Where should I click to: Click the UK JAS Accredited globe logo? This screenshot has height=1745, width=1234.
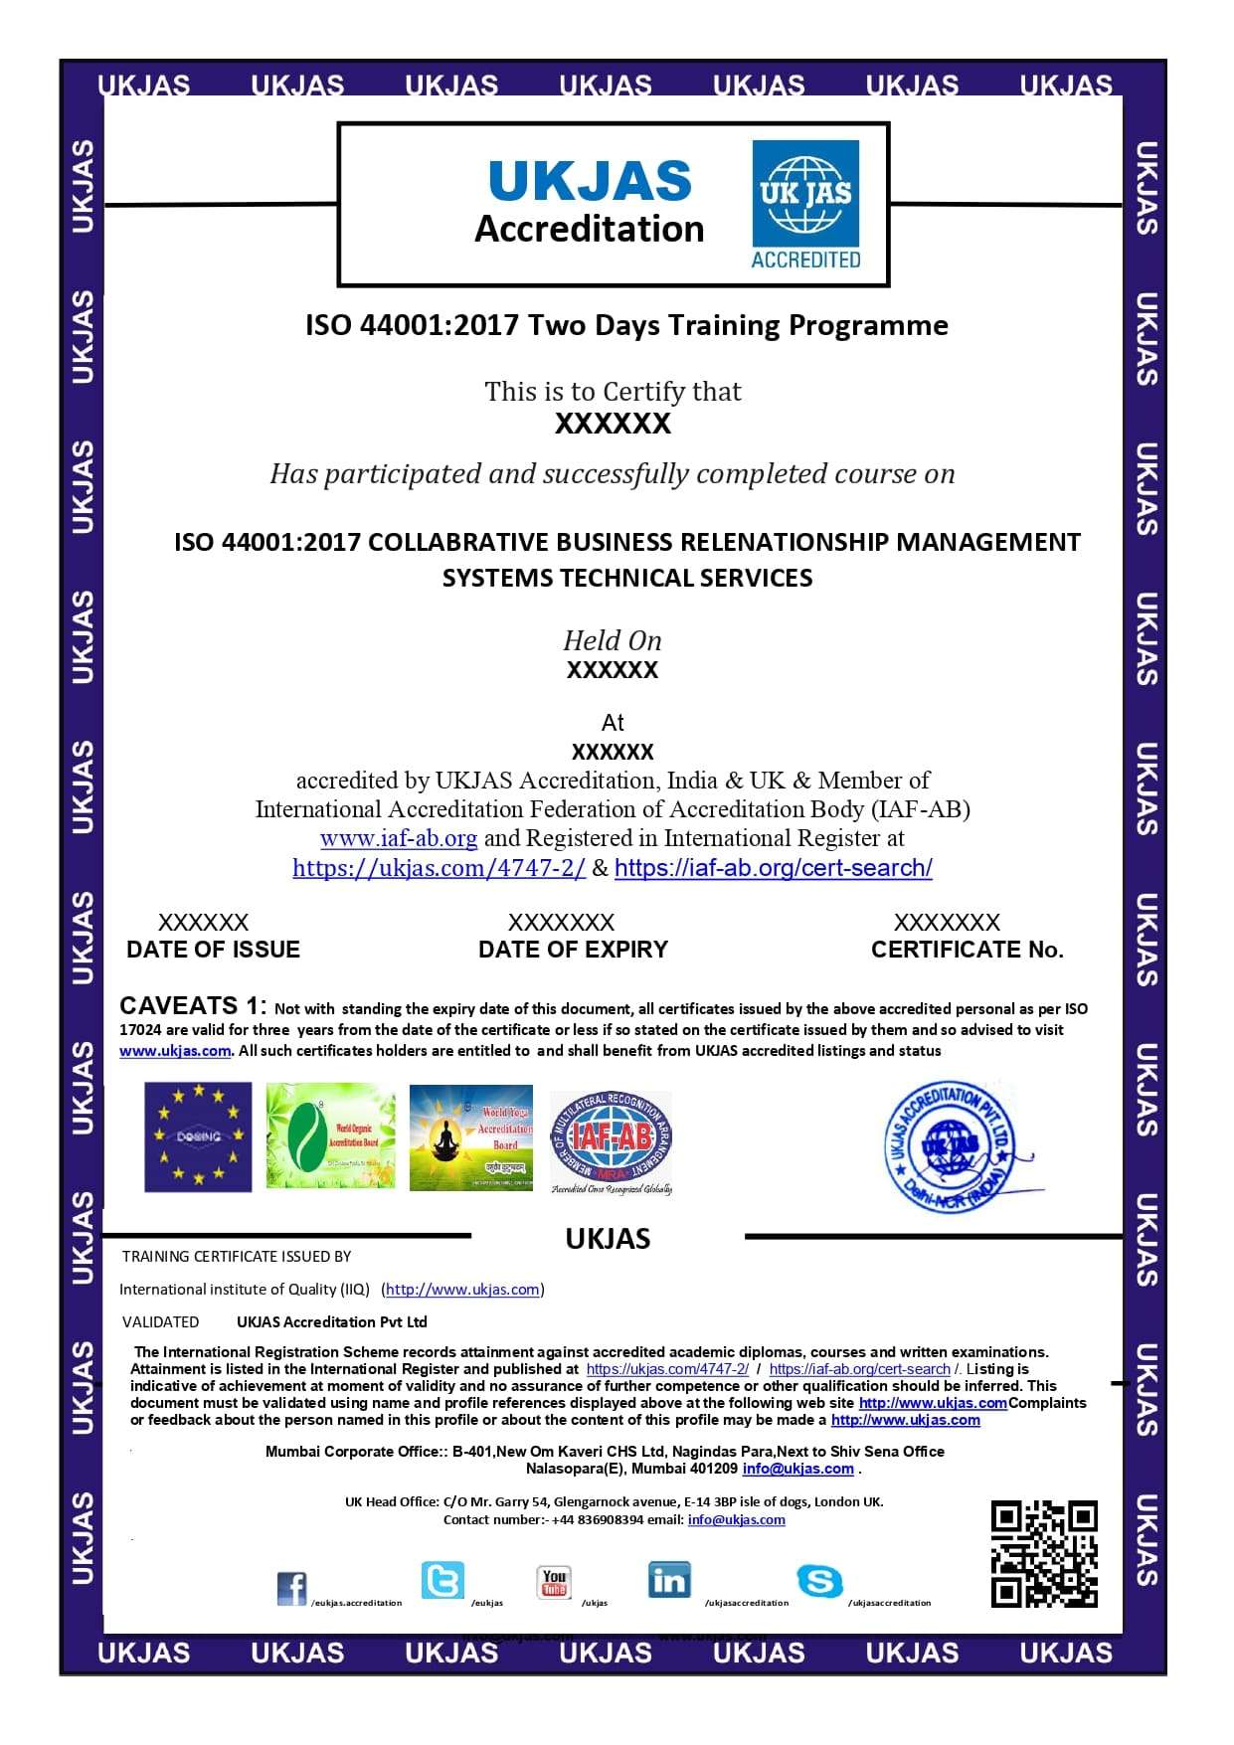click(x=805, y=204)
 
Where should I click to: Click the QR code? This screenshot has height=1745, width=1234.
click(x=1043, y=1553)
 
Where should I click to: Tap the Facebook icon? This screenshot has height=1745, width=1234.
click(x=291, y=1588)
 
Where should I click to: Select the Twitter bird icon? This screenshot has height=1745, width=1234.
click(x=441, y=1580)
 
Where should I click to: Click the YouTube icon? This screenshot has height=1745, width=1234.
click(x=554, y=1581)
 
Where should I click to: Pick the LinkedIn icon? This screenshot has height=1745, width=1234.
click(x=668, y=1579)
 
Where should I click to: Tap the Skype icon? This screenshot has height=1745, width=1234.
click(x=819, y=1581)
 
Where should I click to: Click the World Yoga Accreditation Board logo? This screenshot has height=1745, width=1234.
click(x=471, y=1137)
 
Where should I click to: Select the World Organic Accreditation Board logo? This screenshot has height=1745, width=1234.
click(x=330, y=1137)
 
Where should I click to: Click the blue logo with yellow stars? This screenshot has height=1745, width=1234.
click(x=198, y=1136)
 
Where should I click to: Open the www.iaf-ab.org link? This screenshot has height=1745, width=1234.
click(x=399, y=838)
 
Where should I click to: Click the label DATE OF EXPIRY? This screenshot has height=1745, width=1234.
click(x=573, y=950)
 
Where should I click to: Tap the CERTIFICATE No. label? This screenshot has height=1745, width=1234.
click(x=967, y=950)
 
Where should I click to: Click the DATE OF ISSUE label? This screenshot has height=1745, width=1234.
click(x=213, y=950)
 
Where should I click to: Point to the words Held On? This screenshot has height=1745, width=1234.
click(x=613, y=640)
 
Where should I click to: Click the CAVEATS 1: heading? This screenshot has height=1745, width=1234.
click(x=193, y=1005)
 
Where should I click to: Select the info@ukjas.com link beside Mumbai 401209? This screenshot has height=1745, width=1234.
click(x=797, y=1469)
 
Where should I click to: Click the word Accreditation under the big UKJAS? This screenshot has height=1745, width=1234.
click(x=589, y=229)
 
